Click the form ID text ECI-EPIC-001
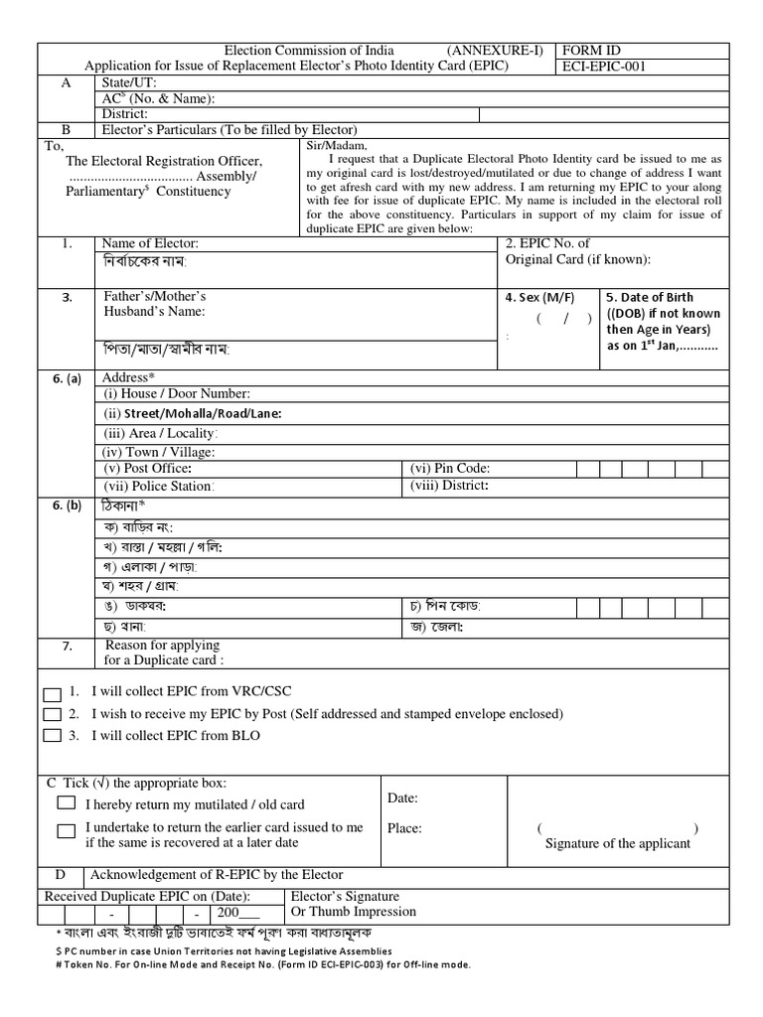pyautogui.click(x=606, y=67)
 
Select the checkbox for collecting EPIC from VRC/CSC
pyautogui.click(x=52, y=690)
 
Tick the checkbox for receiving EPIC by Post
pyautogui.click(x=52, y=714)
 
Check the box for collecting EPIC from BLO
pyautogui.click(x=52, y=737)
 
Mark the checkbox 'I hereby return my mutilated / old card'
pyautogui.click(x=67, y=802)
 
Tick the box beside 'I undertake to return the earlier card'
pyautogui.click(x=67, y=832)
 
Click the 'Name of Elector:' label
pyautogui.click(x=150, y=243)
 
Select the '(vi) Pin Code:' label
pyautogui.click(x=450, y=468)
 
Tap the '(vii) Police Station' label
pyautogui.click(x=158, y=487)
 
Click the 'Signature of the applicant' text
pyautogui.click(x=618, y=843)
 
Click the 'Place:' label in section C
pyautogui.click(x=405, y=827)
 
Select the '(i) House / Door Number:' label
pyautogui.click(x=177, y=394)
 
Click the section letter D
pyautogui.click(x=62, y=875)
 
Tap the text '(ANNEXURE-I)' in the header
pyautogui.click(x=494, y=51)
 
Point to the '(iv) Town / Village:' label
pyautogui.click(x=159, y=452)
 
